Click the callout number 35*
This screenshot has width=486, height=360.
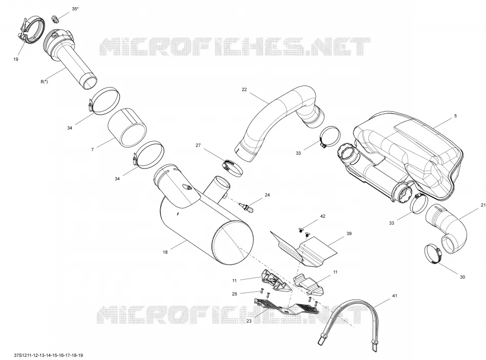[75, 9]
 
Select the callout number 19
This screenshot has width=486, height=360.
[16, 59]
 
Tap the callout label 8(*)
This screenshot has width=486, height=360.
[44, 81]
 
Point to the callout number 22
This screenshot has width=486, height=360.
[244, 90]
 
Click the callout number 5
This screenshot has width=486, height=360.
[455, 116]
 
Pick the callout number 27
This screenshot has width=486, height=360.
[198, 145]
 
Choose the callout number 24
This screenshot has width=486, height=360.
[267, 195]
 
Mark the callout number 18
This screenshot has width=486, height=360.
[165, 252]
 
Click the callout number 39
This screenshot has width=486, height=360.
[349, 234]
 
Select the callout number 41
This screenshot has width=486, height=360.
[394, 296]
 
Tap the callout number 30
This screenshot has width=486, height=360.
[462, 277]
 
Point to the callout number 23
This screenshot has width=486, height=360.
[249, 321]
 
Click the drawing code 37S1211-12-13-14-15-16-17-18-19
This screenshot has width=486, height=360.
[49, 355]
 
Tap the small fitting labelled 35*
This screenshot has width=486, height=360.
[55, 19]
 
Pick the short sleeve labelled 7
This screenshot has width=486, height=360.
[127, 128]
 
